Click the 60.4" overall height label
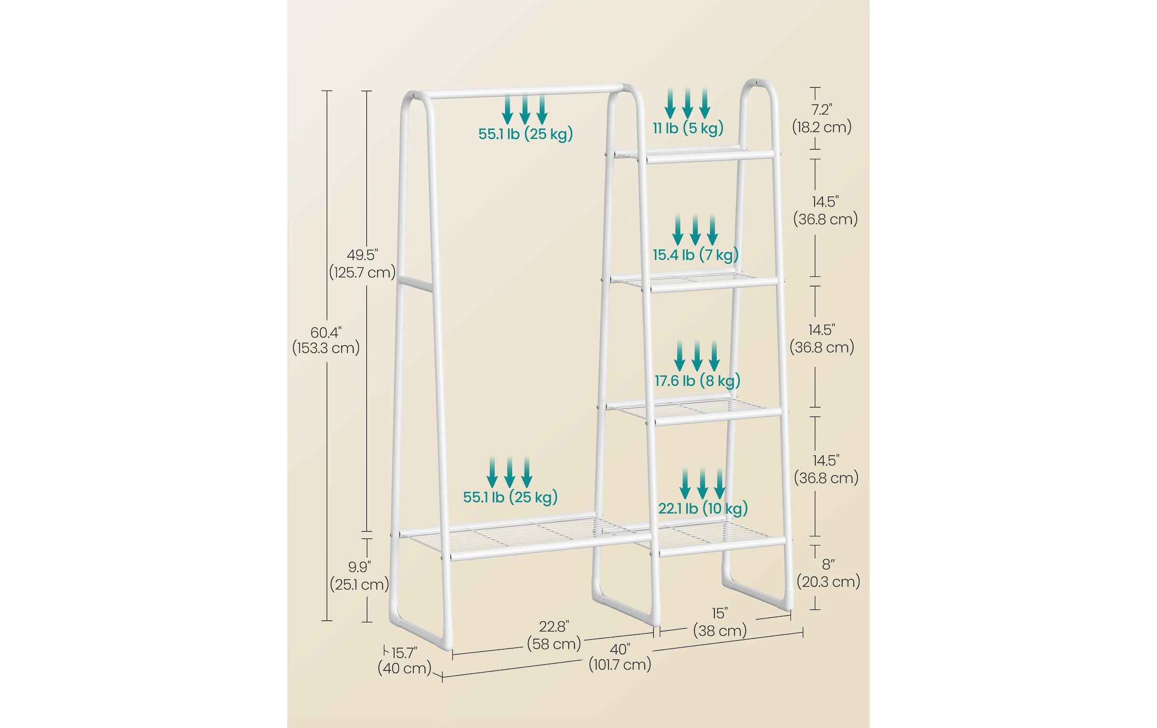point(326,340)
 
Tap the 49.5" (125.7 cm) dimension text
point(362,263)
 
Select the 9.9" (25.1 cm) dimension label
point(359,576)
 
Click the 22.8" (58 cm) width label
point(554,635)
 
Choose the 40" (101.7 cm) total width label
point(620,657)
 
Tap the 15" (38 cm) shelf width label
point(720,622)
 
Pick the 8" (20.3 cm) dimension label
point(828,573)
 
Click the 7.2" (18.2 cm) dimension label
point(822,118)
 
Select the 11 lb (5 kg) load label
point(688,128)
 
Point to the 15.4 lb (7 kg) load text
point(696,254)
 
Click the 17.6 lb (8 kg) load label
point(697,381)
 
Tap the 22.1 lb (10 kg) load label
point(703,508)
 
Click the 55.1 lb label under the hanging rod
point(525,134)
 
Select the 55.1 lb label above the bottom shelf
point(510,497)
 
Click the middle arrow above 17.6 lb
point(697,356)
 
